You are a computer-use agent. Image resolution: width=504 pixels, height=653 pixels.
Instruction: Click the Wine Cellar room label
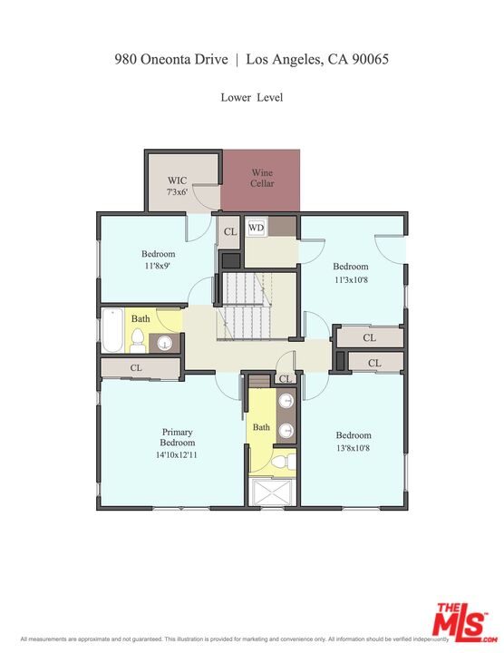262,178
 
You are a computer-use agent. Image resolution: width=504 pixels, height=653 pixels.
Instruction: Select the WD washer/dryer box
257,228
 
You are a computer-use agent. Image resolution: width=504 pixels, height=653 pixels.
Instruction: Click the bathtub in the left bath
111,331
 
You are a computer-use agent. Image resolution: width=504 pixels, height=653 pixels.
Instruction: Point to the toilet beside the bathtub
138,339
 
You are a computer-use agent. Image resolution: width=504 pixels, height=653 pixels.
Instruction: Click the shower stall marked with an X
273,492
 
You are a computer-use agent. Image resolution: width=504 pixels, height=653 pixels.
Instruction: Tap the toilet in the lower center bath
281,463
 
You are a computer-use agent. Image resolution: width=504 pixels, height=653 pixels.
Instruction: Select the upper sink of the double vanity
286,401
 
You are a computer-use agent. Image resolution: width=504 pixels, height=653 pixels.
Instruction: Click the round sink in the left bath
165,343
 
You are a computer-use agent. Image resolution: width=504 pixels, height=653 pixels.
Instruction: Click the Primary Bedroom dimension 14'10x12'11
177,453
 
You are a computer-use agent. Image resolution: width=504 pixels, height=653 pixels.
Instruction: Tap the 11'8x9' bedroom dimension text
157,268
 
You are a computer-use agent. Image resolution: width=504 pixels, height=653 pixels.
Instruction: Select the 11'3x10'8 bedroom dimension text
351,279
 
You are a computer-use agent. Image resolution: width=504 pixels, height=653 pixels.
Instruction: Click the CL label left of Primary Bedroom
136,368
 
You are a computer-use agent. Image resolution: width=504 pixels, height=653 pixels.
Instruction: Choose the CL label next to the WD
230,232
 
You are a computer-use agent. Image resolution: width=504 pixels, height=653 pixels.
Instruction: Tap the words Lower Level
251,97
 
